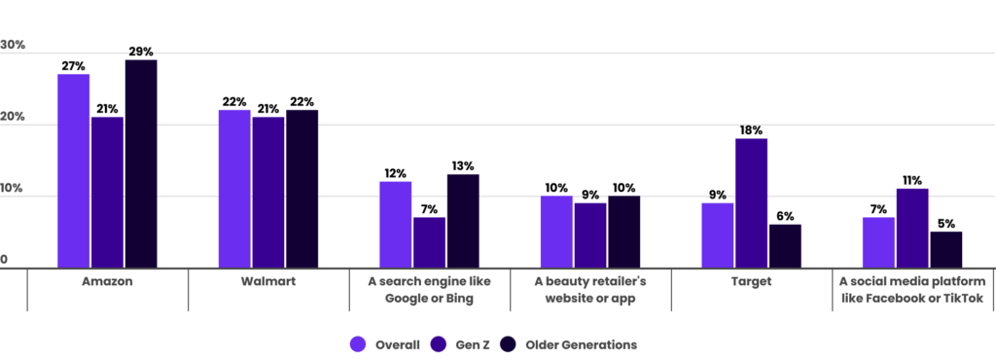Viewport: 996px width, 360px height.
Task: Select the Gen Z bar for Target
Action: pyautogui.click(x=751, y=202)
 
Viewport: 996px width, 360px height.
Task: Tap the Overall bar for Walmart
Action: pyautogui.click(x=234, y=188)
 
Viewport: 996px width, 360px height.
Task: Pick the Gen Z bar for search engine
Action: pyautogui.click(x=429, y=242)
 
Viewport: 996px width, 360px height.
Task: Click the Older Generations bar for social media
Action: pyautogui.click(x=945, y=249)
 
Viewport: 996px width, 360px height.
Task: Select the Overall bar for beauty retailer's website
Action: pyautogui.click(x=556, y=231)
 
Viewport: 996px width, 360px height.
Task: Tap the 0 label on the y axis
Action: pyautogui.click(x=5, y=260)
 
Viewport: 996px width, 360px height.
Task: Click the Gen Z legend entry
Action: pyautogui.click(x=463, y=344)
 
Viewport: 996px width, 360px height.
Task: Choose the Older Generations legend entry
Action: pyautogui.click(x=570, y=344)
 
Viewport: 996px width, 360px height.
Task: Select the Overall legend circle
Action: pyautogui.click(x=357, y=344)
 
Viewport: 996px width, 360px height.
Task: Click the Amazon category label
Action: pyautogui.click(x=107, y=281)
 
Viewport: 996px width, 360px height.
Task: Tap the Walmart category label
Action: pyautogui.click(x=268, y=281)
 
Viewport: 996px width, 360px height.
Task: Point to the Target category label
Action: pyautogui.click(x=751, y=281)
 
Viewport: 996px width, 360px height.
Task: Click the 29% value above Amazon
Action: pyautogui.click(x=140, y=52)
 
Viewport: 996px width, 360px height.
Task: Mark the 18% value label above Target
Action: pyautogui.click(x=751, y=130)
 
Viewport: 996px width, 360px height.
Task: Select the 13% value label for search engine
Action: pyautogui.click(x=463, y=166)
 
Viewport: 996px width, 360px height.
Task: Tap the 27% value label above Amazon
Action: pyautogui.click(x=73, y=66)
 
